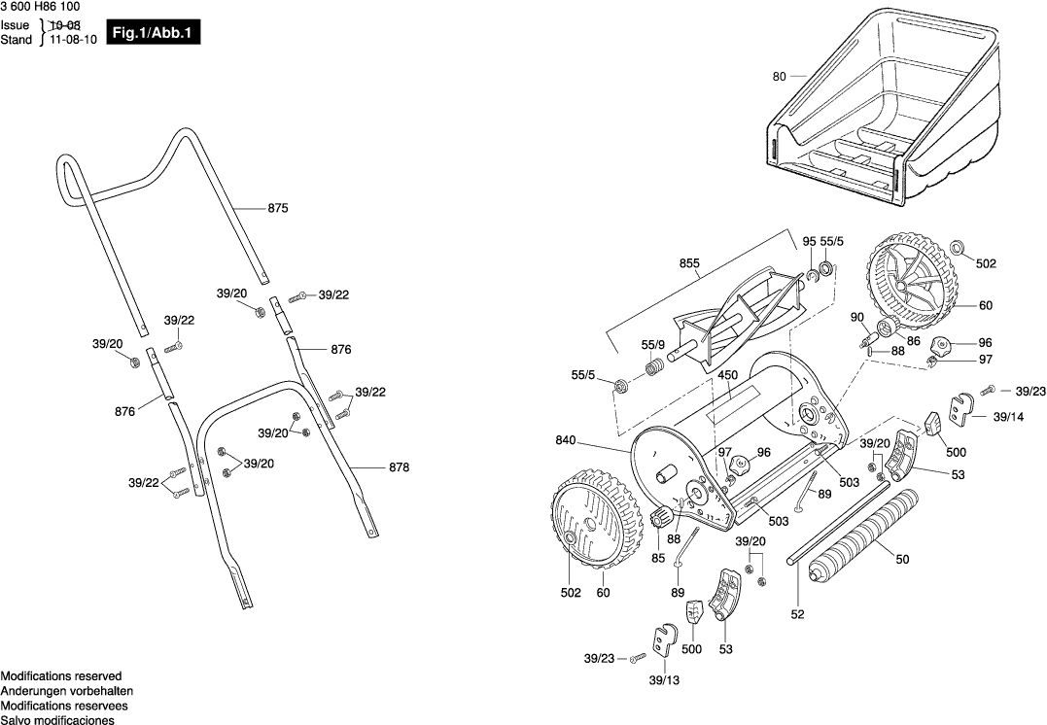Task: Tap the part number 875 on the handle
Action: coord(277,208)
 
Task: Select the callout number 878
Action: coord(399,467)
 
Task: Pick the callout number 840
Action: coord(566,440)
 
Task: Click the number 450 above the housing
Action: coord(727,374)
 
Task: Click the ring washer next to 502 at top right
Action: coord(957,246)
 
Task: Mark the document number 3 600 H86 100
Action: coord(40,7)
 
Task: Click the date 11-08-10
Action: coord(73,40)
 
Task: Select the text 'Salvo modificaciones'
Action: coord(57,720)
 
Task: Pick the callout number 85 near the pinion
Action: coord(659,558)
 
